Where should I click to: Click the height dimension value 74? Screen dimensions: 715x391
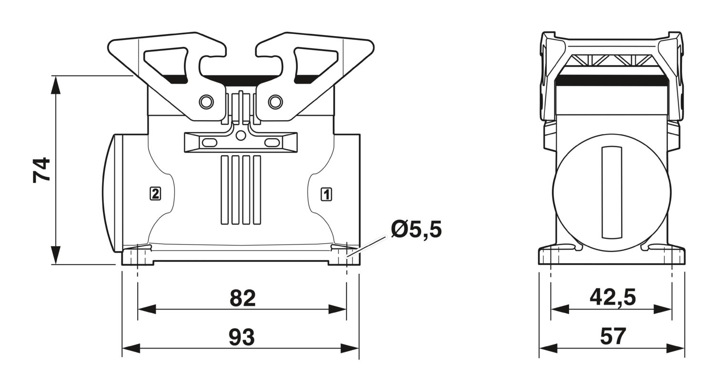click(41, 170)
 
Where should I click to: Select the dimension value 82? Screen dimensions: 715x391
click(243, 298)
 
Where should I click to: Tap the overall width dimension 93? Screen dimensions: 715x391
click(242, 337)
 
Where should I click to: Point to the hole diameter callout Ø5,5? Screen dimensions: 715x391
click(417, 230)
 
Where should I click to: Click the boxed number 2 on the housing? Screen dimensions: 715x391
click(155, 194)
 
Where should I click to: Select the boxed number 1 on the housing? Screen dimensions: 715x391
click(326, 195)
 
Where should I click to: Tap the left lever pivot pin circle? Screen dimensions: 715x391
click(206, 102)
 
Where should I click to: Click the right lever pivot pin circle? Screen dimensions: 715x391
click(276, 102)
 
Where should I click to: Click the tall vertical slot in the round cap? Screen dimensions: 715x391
click(612, 193)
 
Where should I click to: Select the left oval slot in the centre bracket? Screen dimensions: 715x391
click(209, 143)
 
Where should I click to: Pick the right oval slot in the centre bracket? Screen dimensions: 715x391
click(272, 143)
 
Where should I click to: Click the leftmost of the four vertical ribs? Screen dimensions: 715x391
click(225, 190)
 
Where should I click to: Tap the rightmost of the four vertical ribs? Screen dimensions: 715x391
click(256, 190)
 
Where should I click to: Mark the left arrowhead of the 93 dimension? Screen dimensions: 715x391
click(131, 348)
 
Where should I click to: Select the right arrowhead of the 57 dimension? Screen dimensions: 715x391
click(675, 348)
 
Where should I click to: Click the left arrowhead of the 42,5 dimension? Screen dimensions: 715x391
click(560, 309)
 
